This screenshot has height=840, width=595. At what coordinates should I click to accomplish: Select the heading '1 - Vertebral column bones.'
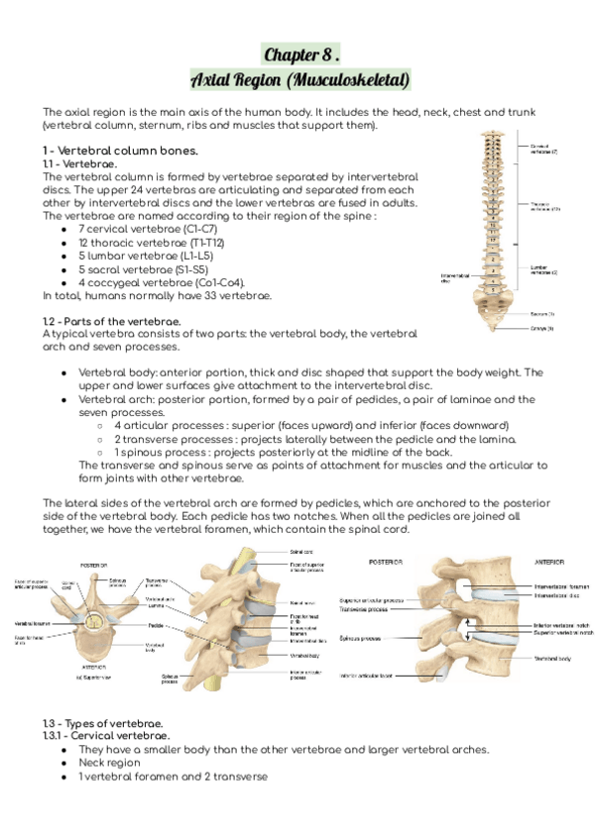coord(114,151)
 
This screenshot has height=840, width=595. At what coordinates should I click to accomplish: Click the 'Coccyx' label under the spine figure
coord(541,328)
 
